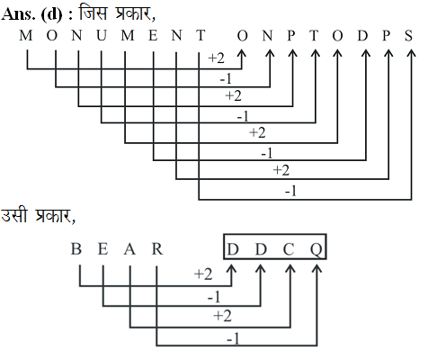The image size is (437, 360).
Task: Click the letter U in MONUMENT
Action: pos(102,36)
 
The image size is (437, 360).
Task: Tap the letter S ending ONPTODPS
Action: pos(408,36)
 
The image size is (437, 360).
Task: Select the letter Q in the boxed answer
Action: pos(317,249)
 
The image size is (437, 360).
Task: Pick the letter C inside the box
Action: pos(289,249)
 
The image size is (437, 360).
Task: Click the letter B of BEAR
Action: pos(76,249)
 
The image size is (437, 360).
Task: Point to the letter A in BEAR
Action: pos(129,249)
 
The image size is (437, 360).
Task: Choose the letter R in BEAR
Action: pos(157,249)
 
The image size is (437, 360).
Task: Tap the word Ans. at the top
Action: pos(18,14)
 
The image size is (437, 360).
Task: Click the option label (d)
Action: pos(51,14)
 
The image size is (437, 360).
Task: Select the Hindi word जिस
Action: pos(93,13)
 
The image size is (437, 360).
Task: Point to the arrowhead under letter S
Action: pos(412,53)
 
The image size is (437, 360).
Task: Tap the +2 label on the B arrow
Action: pos(203,274)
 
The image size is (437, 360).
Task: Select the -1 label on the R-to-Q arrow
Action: pos(233,339)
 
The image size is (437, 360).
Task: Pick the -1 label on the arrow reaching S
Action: pos(290,191)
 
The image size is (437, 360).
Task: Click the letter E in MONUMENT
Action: pos(153,36)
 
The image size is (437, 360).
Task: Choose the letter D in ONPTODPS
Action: pos(362,36)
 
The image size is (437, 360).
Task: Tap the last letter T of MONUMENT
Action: pos(201,36)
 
